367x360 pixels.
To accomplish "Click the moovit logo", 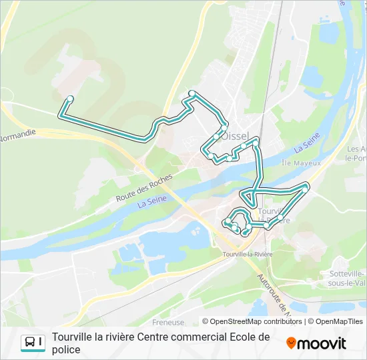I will pos(316,343).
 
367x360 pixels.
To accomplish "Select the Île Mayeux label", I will pos(301,163).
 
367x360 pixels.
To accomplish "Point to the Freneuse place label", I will pos(168,323).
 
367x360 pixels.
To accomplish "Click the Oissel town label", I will pos(235,136).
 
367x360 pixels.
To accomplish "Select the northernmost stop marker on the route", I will pos(192,93).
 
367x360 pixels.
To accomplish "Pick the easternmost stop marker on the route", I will pos(306,189).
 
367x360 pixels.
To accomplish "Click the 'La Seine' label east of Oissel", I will pos(308,143).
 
